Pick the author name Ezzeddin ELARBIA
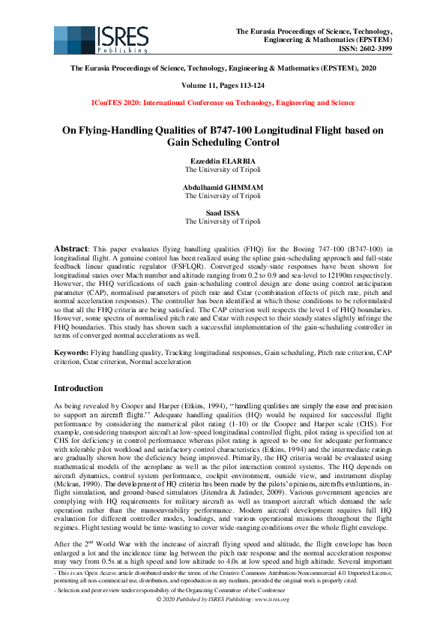point(223,161)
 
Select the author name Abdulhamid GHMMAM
point(223,187)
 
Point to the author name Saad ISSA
point(223,213)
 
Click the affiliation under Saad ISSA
point(223,221)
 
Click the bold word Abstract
point(70,247)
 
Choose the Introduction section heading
point(78,388)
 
